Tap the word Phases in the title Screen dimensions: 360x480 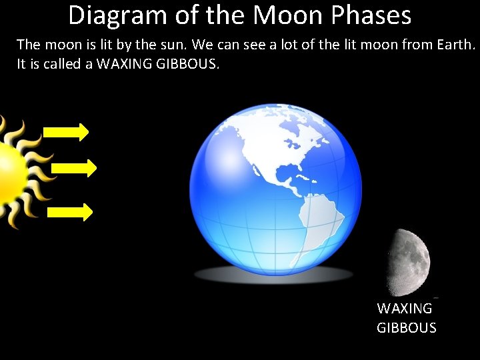coord(374,15)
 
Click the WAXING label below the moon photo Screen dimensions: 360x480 coord(405,309)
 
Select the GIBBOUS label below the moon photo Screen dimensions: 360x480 coord(407,328)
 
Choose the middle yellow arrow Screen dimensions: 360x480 coord(74,167)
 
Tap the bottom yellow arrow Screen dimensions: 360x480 coord(71,212)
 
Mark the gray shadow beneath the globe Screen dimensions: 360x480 coord(273,274)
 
